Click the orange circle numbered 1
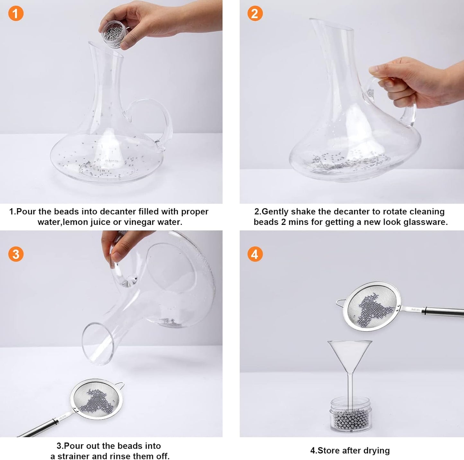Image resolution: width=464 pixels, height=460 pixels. point(16,13)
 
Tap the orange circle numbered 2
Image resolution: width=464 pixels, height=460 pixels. point(255,13)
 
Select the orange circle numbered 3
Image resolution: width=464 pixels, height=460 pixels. point(16,254)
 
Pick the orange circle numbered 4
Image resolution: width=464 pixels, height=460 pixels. point(255,254)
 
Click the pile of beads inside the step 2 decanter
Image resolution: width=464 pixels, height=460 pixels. point(350,161)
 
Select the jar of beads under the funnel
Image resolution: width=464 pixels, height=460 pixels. point(350,416)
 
